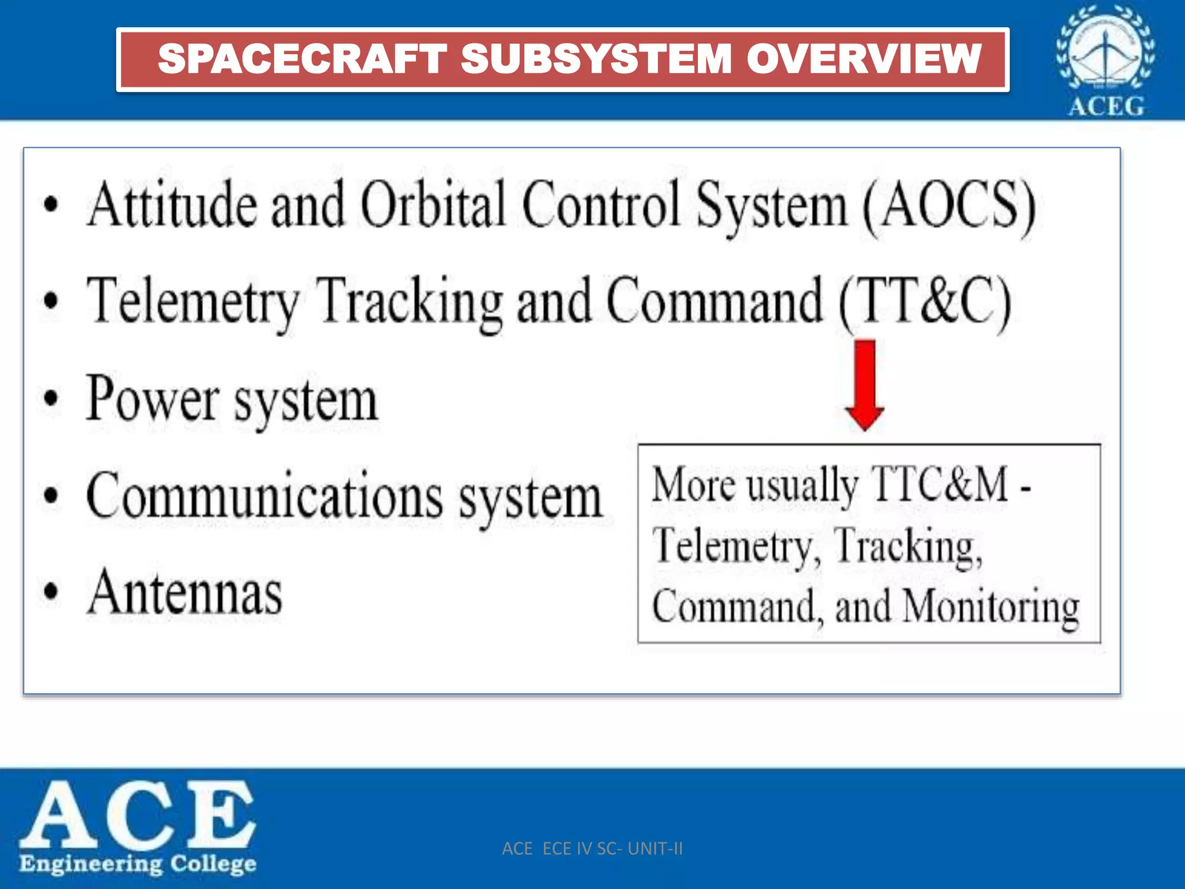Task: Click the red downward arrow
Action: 864,384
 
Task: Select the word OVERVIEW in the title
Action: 864,59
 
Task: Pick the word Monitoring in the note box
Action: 991,608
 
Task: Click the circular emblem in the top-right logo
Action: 1105,49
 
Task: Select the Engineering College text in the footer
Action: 138,864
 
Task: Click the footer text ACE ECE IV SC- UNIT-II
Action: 592,848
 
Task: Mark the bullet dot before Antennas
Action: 51,592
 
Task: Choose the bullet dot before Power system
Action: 51,398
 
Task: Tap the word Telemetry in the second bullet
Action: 193,301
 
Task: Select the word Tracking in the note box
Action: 907,546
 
